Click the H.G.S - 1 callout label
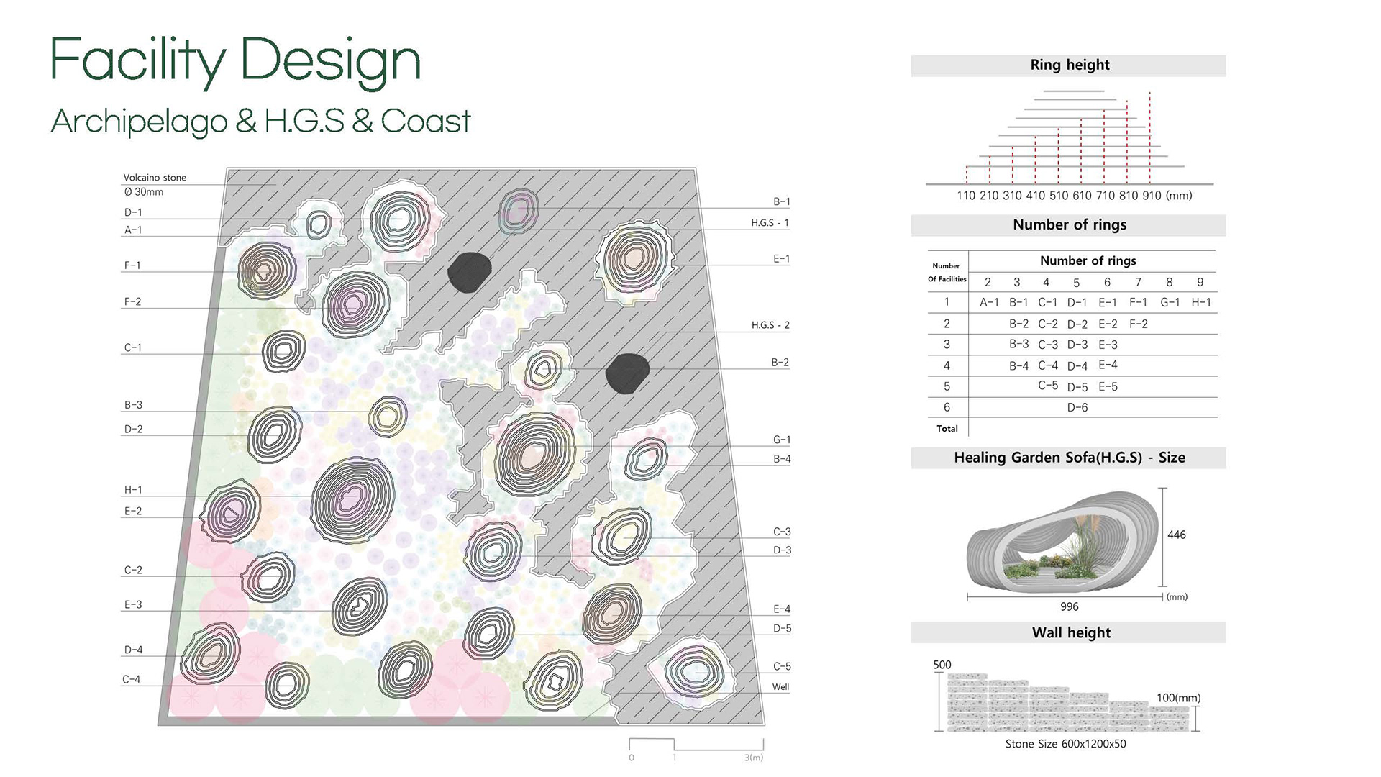(x=770, y=223)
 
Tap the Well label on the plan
(x=780, y=687)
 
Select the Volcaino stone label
(x=155, y=178)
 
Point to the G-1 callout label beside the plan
(x=782, y=440)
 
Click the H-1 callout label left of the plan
(x=133, y=490)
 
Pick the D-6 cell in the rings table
(x=1077, y=407)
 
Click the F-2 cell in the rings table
(x=1139, y=324)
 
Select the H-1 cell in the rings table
(x=1201, y=302)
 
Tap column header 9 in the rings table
(x=1200, y=282)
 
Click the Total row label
(x=947, y=428)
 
